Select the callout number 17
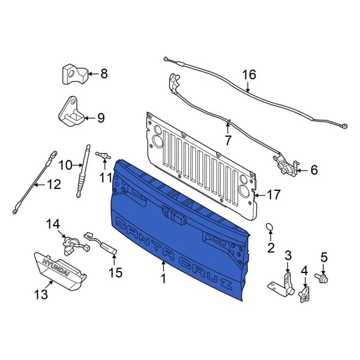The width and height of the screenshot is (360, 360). pos(274,194)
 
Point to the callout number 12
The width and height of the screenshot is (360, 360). pos(53,185)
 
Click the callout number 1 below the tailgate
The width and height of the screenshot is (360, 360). pos(162,279)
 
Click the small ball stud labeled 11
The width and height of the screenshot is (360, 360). pos(106,157)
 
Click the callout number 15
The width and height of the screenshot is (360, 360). pos(115,272)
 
